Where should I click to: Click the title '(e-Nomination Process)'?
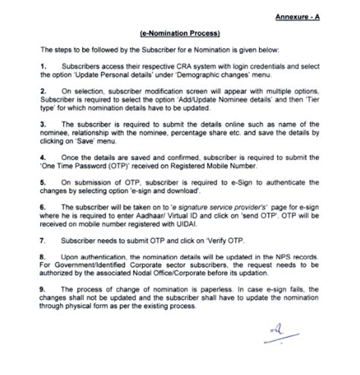click(179, 34)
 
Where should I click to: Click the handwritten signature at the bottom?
click(284, 332)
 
